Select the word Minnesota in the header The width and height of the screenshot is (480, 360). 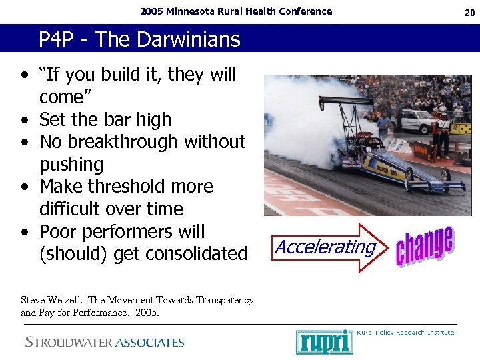point(194,11)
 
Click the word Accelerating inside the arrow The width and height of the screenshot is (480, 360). point(325,247)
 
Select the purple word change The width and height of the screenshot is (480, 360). point(425,246)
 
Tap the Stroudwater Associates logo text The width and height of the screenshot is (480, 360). point(105,342)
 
